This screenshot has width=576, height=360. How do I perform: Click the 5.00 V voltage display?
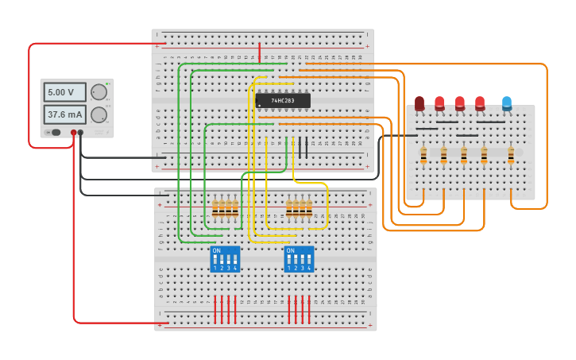point(64,92)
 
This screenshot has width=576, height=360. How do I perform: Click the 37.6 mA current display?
point(64,114)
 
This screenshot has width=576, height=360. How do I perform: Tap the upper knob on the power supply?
point(99,91)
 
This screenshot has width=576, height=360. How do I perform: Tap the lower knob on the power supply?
point(99,114)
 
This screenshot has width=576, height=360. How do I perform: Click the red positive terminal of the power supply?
point(73,133)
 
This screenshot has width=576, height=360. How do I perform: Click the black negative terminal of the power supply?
point(80,133)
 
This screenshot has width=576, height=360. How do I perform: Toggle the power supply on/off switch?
point(55,133)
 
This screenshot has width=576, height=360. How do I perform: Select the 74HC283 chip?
point(283,101)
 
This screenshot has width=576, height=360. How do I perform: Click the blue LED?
point(507,103)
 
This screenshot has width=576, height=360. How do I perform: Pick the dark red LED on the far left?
point(419,103)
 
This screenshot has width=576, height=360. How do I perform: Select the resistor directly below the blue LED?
point(511,155)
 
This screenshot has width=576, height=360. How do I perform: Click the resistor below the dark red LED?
point(423,155)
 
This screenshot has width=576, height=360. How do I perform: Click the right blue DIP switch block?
point(299,259)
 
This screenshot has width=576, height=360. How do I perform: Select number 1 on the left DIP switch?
point(215,269)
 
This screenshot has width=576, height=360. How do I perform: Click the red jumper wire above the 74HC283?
point(259,53)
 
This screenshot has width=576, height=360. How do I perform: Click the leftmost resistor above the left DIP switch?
point(215,209)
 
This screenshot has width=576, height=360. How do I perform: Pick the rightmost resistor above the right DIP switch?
point(309,209)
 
